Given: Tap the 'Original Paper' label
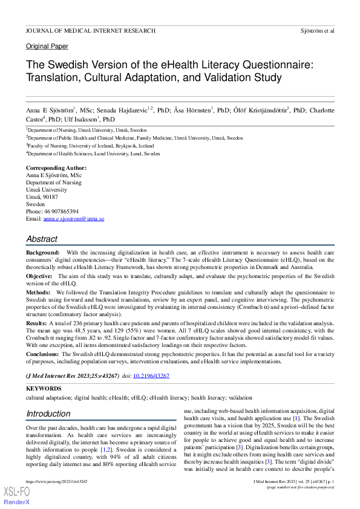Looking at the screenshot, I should (x=47, y=47).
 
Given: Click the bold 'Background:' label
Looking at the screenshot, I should (x=42, y=252).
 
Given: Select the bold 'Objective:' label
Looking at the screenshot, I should (x=39, y=276).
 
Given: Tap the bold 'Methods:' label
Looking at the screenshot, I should (x=38, y=291).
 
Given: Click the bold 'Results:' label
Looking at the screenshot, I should (x=37, y=323).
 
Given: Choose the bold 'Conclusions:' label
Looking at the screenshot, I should (x=44, y=354).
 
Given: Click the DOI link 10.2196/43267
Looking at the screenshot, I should (x=151, y=376).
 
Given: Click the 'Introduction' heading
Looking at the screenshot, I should (x=48, y=414).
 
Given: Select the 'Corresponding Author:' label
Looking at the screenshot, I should (x=56, y=168).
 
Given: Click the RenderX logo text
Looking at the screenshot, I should (x=17, y=503).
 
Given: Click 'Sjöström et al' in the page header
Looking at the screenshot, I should (x=317, y=30).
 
